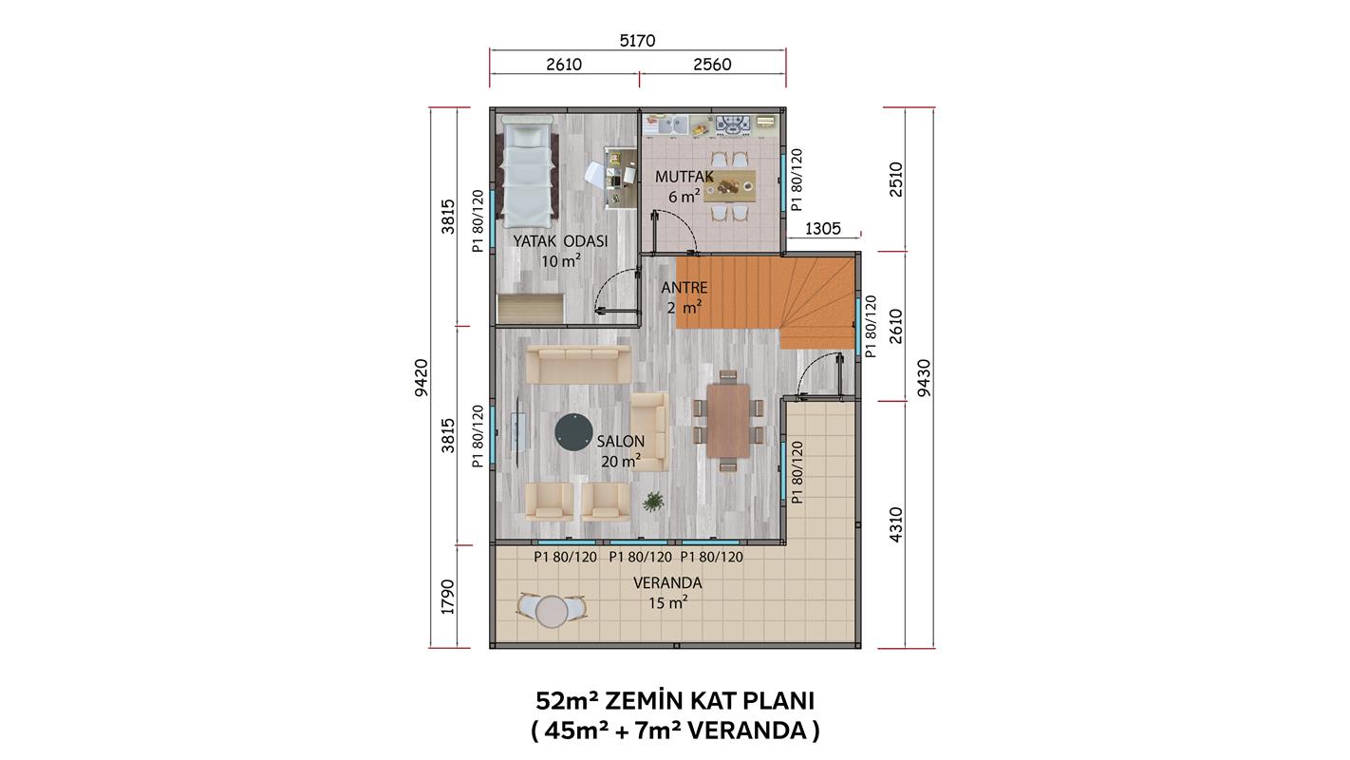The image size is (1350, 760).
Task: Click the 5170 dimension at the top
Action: (x=637, y=41)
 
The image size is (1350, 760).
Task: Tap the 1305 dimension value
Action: (x=823, y=229)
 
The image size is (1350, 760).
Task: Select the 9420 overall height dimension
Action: (x=422, y=377)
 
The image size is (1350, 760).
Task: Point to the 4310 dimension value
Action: (x=895, y=524)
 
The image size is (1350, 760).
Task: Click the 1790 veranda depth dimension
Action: (x=447, y=597)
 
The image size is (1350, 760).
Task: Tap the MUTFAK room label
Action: (x=684, y=178)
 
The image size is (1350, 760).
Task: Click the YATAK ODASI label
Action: (x=560, y=241)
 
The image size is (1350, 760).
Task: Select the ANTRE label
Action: (x=684, y=288)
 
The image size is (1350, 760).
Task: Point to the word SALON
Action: (x=621, y=442)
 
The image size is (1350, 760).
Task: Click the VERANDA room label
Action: (x=667, y=583)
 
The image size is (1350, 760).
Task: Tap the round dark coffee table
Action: (x=573, y=432)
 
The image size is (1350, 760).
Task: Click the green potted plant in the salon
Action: (x=653, y=502)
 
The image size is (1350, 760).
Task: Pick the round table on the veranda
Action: (x=552, y=612)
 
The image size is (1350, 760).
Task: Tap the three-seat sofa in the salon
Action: (x=578, y=365)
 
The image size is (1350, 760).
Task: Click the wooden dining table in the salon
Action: (x=728, y=421)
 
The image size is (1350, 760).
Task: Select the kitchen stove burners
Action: (x=733, y=124)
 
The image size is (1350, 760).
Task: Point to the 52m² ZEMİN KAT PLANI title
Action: (x=675, y=701)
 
